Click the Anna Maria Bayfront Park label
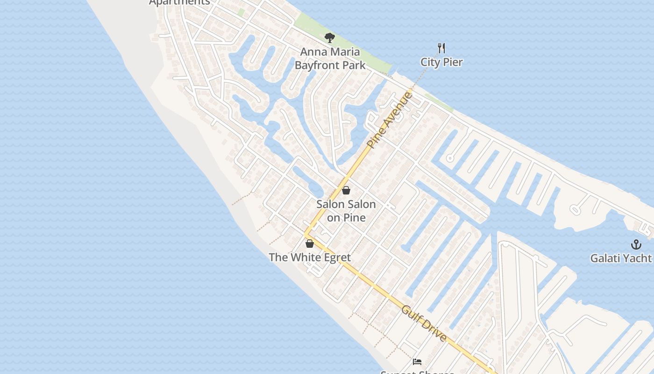pyautogui.click(x=330, y=58)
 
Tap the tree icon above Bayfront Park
pyautogui.click(x=330, y=38)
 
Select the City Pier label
pyautogui.click(x=441, y=62)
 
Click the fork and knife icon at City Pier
pyautogui.click(x=441, y=48)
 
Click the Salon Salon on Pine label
pyautogui.click(x=346, y=211)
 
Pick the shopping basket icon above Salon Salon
pyautogui.click(x=346, y=190)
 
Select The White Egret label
pyautogui.click(x=310, y=258)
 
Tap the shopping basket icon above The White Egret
pyautogui.click(x=309, y=244)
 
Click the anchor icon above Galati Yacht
pyautogui.click(x=635, y=244)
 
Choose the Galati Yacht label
pyautogui.click(x=621, y=258)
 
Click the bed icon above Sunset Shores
pyautogui.click(x=417, y=361)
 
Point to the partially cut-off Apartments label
pyautogui.click(x=179, y=2)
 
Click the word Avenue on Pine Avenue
pyautogui.click(x=400, y=107)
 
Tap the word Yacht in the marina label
pyautogui.click(x=638, y=258)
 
